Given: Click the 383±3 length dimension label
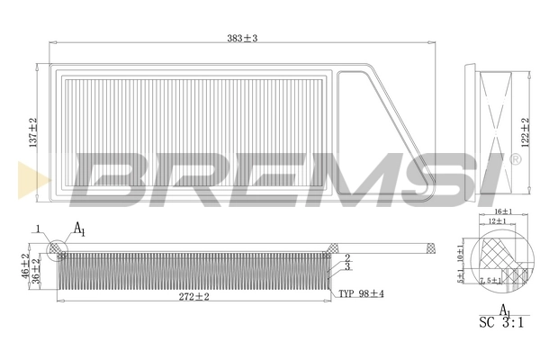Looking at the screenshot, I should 242,37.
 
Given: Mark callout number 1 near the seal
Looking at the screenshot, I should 39,229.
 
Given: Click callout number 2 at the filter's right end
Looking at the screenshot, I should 346,257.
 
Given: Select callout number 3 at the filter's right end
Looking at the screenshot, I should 346,266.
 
